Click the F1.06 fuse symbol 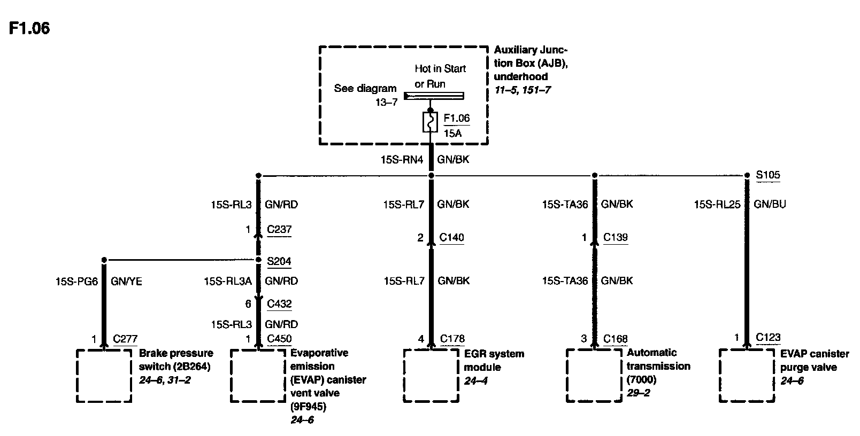tap(431, 122)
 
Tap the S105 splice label tap(768, 175)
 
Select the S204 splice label tap(279, 261)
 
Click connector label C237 tap(279, 229)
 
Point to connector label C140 tap(451, 237)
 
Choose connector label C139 tap(615, 237)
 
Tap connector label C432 tap(279, 303)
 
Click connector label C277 tap(125, 338)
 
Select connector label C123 tap(768, 337)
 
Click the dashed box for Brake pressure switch tap(104, 376)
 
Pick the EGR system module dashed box tap(431, 376)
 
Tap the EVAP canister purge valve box tap(747, 376)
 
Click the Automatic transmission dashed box tap(594, 376)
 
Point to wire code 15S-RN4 tap(401, 159)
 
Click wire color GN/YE tap(126, 281)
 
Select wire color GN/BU tap(770, 204)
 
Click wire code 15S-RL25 tap(717, 204)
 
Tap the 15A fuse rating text tap(452, 133)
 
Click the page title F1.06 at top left tap(29, 28)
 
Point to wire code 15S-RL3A tap(228, 281)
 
